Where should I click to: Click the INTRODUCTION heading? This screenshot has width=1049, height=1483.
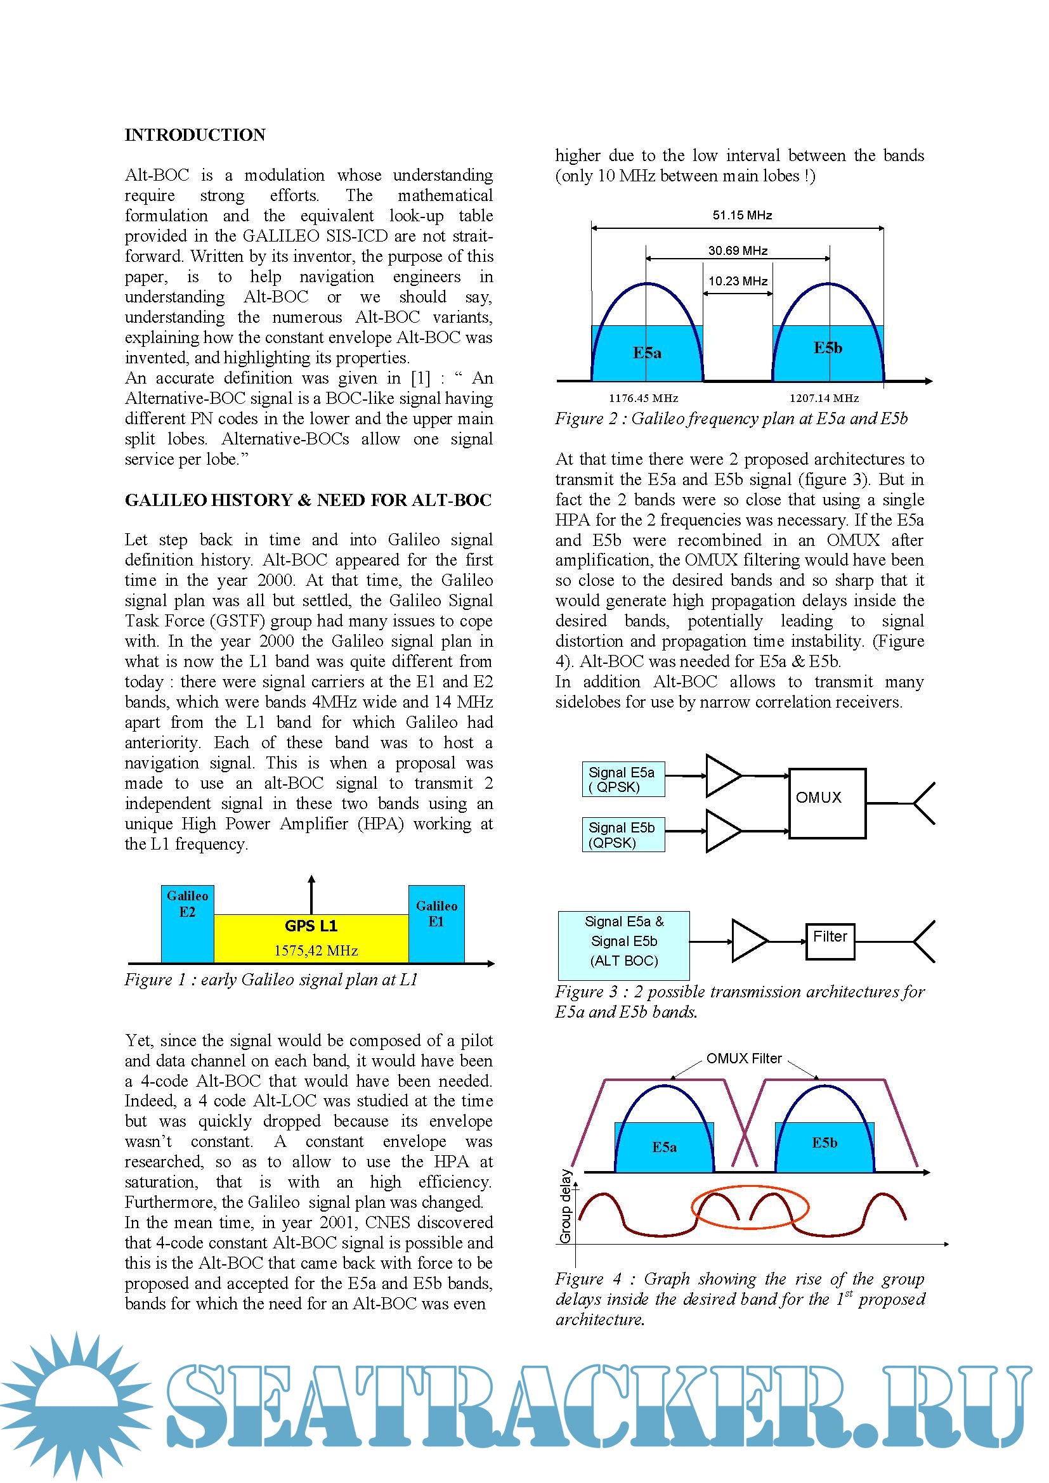(195, 135)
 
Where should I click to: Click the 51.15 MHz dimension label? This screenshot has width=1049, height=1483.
(742, 216)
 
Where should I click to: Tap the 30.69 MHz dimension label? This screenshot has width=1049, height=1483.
(738, 250)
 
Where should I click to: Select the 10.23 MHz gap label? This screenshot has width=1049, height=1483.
(738, 281)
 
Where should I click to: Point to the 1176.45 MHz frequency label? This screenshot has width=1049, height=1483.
(643, 399)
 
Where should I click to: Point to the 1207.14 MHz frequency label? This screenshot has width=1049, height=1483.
(824, 399)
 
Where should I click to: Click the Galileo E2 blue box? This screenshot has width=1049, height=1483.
(187, 924)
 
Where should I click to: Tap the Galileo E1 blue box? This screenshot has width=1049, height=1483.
(436, 924)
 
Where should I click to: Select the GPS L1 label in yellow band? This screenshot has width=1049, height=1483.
(311, 926)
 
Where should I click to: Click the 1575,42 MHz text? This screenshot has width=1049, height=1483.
(316, 951)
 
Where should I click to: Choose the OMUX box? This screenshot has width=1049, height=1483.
(827, 803)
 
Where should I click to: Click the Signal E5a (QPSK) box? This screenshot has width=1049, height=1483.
(623, 780)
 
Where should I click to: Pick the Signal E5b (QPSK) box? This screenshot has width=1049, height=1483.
(623, 835)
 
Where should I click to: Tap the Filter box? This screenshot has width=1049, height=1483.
(830, 941)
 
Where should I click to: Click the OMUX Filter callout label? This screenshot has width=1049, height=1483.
(744, 1059)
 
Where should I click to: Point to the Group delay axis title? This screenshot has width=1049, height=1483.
(566, 1206)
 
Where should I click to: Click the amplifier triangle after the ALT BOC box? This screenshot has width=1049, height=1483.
(748, 941)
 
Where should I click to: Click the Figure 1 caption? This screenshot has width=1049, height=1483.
(271, 980)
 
